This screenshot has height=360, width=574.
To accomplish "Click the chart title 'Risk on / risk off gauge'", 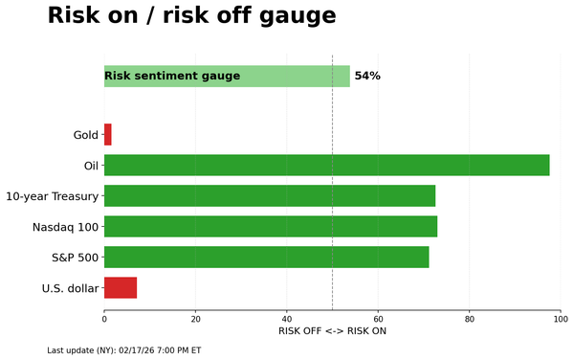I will coord(191,16).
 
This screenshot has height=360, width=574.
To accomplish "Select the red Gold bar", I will coord(108,135).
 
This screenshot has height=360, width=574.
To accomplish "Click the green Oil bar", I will coord(326,166).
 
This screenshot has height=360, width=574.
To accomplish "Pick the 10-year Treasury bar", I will coord(269,196).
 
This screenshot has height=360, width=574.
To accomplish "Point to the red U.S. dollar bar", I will coord(121,287).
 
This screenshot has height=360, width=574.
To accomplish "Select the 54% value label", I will coord(367,76).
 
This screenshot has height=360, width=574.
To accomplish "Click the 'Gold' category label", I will coord(86,135).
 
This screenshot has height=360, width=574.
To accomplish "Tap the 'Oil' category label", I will coord(92,166).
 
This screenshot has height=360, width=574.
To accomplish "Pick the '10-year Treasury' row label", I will coord(52,196).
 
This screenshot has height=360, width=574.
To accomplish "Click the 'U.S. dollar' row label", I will coord(70,288).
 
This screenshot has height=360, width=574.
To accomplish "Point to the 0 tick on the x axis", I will coord(104,318).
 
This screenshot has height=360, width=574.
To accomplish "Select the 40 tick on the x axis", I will coord(287,318).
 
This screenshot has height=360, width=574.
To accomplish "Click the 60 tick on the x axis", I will coord(378,318).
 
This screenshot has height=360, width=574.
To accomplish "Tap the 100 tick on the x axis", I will coord(561,318).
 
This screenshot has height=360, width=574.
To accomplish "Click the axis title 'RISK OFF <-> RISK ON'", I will coord(332,331).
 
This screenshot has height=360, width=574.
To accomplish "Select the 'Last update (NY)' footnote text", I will coord(124,350).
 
